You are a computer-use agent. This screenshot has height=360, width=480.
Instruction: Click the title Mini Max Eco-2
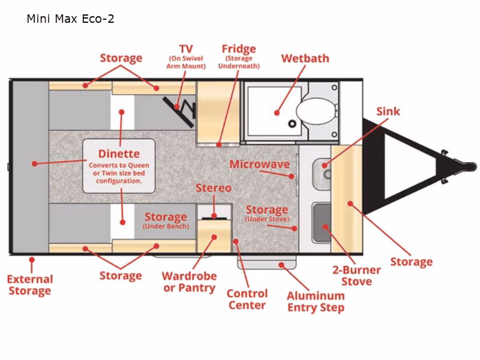[x=70, y=19]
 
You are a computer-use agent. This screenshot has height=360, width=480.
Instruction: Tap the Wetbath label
[x=305, y=59]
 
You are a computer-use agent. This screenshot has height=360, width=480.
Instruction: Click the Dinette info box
[x=119, y=166]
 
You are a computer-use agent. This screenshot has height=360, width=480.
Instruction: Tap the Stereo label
[x=213, y=188]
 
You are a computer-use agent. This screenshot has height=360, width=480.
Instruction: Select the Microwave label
[x=259, y=164]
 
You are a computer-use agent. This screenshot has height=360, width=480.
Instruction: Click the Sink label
[x=388, y=112]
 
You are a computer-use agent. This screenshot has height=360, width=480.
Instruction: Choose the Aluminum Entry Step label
[x=316, y=301]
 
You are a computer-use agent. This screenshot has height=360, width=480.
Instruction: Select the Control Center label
[x=247, y=299]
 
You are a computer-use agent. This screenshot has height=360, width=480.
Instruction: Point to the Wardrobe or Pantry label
[x=189, y=282]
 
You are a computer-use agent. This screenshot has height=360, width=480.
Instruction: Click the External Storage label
[x=30, y=285]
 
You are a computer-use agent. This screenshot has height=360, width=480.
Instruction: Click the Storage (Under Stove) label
[x=266, y=213]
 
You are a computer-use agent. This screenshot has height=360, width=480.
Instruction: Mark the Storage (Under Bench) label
[x=166, y=220]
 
